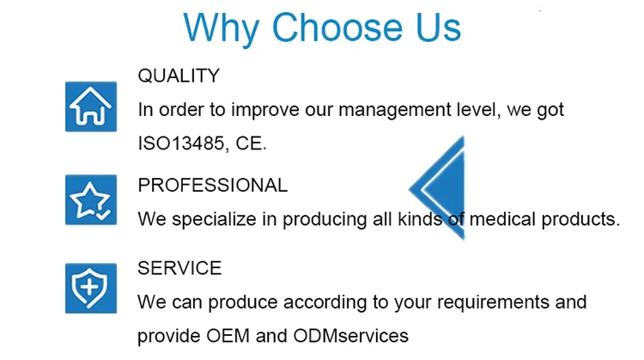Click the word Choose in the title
[337, 27]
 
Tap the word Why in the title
[221, 28]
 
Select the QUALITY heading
[179, 76]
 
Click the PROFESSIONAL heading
[213, 185]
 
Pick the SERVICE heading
[179, 268]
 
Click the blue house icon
[91, 107]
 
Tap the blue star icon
[91, 199]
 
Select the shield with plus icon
[91, 288]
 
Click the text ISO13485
[181, 143]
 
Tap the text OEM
[228, 336]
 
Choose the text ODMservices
[350, 336]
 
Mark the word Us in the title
[438, 27]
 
